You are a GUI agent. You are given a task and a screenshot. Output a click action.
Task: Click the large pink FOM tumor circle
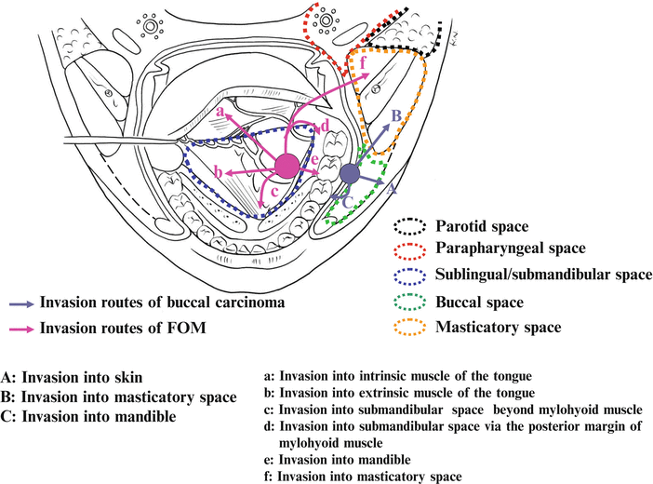pos(288,168)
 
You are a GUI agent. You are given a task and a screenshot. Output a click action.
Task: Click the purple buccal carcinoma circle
pos(350,174)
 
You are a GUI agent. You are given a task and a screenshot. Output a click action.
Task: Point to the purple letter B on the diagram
pos(394,115)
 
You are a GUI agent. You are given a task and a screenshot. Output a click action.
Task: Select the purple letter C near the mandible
pos(346,200)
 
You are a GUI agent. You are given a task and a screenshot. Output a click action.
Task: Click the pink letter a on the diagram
pos(220,112)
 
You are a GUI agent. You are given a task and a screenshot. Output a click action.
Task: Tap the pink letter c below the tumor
pos(273,194)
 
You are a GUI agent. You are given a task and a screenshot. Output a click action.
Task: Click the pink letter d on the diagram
pos(325,128)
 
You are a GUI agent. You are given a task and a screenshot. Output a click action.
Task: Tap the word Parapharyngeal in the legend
pos(488,249)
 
